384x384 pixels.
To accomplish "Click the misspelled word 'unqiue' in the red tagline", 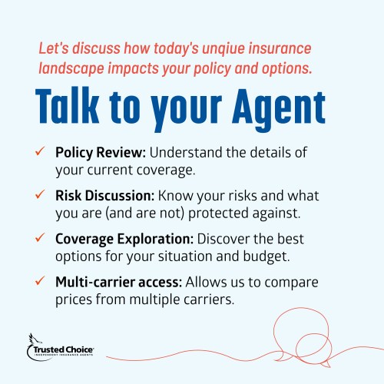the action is (223, 49).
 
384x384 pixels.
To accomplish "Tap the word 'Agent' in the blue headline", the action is (279, 110).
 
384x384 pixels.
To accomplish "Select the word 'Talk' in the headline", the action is (68, 105).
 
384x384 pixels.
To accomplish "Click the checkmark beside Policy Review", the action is (40, 151).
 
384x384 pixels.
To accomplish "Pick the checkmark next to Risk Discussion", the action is (40, 194).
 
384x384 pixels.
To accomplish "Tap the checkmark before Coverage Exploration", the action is (40, 237).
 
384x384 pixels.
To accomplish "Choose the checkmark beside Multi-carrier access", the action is (40, 281).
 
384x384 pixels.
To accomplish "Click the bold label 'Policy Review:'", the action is (101, 153).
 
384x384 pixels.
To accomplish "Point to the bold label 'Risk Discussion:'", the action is (105, 196).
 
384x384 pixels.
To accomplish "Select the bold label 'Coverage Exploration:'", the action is (124, 240).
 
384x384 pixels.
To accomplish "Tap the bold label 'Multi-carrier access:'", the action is (119, 283).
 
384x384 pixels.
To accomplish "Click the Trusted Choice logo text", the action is (63, 349).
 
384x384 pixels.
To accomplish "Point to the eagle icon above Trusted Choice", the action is (35, 339).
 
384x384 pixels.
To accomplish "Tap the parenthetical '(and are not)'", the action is (145, 214).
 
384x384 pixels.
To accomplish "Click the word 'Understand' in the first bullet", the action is (186, 153).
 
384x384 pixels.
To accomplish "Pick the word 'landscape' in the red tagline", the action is (71, 69).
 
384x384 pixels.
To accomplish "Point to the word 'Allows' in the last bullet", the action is (203, 283).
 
